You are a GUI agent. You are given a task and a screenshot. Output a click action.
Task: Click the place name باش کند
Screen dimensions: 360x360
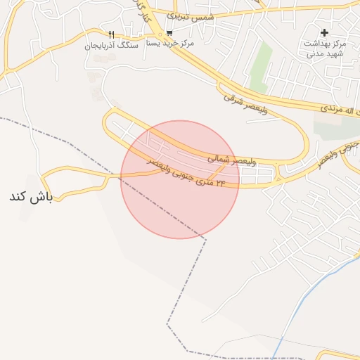pyautogui.click(x=31, y=195)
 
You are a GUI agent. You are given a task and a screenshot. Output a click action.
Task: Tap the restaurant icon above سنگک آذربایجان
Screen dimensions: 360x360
pyautogui.click(x=110, y=34)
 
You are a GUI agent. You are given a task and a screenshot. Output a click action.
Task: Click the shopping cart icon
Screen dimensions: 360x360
pyautogui.click(x=169, y=33)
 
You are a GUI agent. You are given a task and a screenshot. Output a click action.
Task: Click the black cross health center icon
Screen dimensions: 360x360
pyautogui.click(x=324, y=32)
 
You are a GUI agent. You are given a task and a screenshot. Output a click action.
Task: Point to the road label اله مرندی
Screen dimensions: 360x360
pyautogui.click(x=340, y=110)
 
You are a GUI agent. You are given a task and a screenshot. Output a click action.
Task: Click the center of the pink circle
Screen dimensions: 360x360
pyautogui.click(x=180, y=179)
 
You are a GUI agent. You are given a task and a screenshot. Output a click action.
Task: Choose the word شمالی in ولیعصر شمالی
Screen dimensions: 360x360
pyautogui.click(x=219, y=159)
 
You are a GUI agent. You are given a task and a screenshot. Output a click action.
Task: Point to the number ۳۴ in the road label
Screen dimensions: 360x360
pyautogui.click(x=220, y=182)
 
